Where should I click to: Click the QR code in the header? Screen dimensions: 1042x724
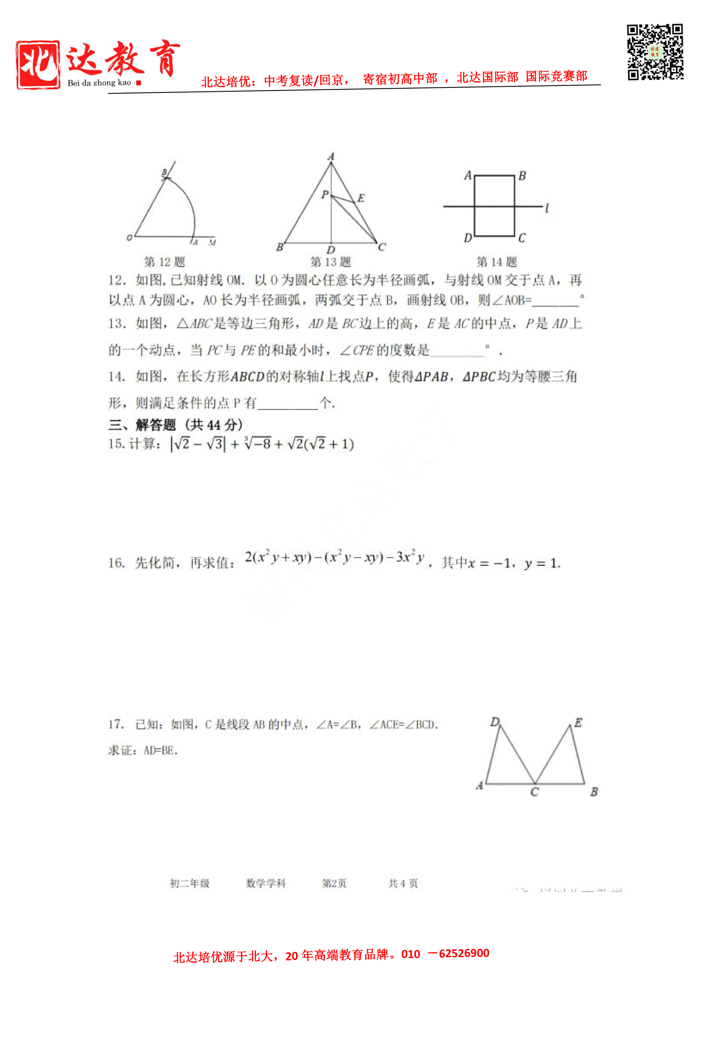coord(655,52)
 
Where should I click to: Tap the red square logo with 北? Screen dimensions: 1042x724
coord(38,65)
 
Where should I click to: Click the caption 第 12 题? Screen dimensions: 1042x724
coord(165,262)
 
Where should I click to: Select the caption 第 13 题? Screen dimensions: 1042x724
coord(331,262)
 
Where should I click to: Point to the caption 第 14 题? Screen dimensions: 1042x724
coord(496,262)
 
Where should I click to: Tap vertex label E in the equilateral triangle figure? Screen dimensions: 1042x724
coord(361,198)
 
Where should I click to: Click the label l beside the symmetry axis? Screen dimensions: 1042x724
coord(547,208)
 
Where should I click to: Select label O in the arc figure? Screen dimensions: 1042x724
coord(129,237)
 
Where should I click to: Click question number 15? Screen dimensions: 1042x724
coord(116,444)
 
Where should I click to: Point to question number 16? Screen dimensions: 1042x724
coord(116,563)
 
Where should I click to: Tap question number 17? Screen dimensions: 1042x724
coord(116,724)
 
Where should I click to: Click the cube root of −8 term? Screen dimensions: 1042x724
coord(257,443)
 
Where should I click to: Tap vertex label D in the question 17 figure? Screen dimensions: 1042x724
coord(495,722)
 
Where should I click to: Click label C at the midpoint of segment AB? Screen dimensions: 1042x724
coord(534,792)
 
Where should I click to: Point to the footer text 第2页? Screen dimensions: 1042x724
coord(334,883)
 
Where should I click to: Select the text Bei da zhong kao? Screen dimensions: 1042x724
coord(99,83)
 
